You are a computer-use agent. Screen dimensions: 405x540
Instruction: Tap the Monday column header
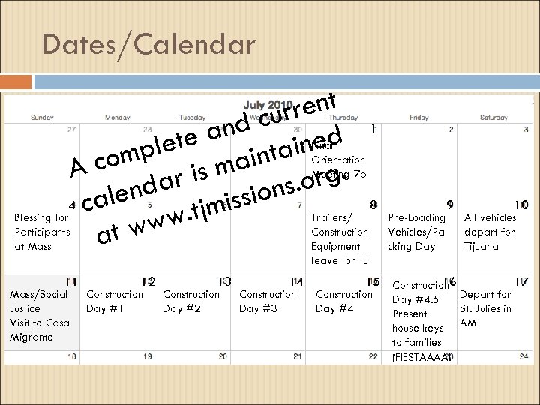coord(117,117)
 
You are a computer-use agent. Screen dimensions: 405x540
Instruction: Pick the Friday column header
coord(419,117)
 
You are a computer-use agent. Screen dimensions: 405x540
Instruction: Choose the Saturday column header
coord(493,117)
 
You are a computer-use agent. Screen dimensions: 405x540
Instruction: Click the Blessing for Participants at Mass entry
coord(43,232)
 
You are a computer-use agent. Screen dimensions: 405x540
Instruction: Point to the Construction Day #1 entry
coord(115,301)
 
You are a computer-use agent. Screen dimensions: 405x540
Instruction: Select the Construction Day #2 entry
coord(190,301)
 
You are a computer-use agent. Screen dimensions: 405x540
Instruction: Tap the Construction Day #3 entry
coord(267,301)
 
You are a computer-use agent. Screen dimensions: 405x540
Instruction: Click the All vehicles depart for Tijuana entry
coord(490,232)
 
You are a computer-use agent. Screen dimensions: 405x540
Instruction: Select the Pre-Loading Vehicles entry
coord(415,232)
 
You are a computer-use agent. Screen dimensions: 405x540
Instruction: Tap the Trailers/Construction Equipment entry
coord(340,238)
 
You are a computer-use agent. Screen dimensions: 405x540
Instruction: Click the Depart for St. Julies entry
coord(485,308)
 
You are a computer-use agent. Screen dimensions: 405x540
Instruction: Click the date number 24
coord(523,357)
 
